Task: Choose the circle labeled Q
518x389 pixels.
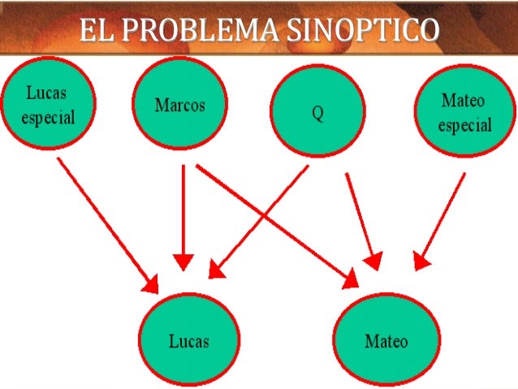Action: pyautogui.click(x=318, y=112)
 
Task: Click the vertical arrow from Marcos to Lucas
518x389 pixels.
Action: pyautogui.click(x=183, y=211)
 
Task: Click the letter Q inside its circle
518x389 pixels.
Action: pyautogui.click(x=318, y=114)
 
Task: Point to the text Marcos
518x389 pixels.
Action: pyautogui.click(x=179, y=106)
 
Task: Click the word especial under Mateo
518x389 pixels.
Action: pyautogui.click(x=464, y=125)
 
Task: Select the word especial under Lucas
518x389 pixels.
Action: pyautogui.click(x=48, y=117)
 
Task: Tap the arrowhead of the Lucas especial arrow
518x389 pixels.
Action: pyautogui.click(x=151, y=285)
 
